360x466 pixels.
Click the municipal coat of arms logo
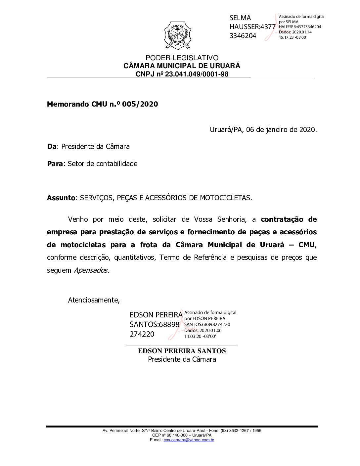[x=178, y=35]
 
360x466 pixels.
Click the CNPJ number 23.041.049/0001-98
[x=197, y=74]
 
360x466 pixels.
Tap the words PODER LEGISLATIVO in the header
[x=182, y=58]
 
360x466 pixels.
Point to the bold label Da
[x=52, y=147]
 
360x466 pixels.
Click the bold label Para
[x=55, y=164]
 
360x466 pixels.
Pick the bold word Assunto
[x=61, y=198]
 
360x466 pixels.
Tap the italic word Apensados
[x=91, y=270]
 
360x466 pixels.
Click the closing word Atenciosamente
[x=94, y=300]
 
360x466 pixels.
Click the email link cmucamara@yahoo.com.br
[x=189, y=440]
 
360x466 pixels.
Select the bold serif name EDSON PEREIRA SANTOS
[x=182, y=351]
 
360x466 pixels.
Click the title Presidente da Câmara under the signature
[x=182, y=359]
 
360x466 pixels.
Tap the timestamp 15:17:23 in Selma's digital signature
[x=286, y=37]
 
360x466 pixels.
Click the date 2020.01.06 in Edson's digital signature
[x=210, y=330]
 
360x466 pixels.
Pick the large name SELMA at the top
[x=240, y=18]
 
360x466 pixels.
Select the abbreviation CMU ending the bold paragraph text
[x=306, y=245]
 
